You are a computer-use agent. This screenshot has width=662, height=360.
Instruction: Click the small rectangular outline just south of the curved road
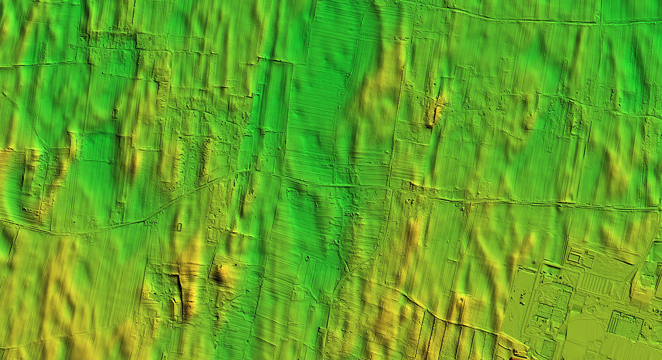tap(179, 226)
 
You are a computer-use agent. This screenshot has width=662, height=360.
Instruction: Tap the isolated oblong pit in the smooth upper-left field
tap(114, 112)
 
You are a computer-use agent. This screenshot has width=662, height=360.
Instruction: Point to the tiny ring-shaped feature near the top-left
tap(71, 46)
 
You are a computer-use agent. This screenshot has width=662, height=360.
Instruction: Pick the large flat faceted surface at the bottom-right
tap(585, 337)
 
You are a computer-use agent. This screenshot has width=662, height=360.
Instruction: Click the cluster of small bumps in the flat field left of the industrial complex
tap(522, 297)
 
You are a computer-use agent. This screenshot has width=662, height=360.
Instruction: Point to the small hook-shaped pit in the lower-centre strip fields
tap(308, 259)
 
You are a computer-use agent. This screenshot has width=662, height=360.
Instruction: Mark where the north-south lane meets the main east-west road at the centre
tap(390, 188)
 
